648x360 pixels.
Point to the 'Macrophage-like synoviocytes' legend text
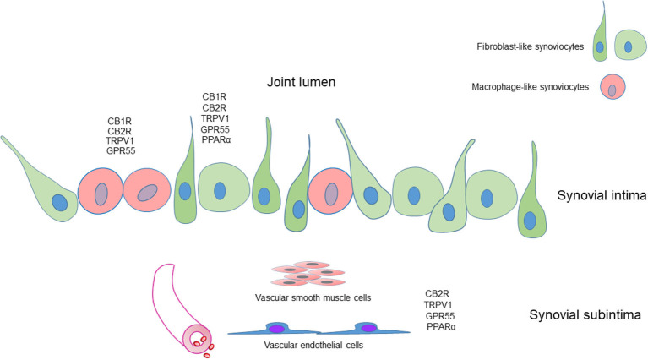click(521, 85)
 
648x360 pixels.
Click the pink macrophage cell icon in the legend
click(612, 87)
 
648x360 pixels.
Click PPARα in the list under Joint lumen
click(216, 139)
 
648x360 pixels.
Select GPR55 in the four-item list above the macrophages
click(122, 150)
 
